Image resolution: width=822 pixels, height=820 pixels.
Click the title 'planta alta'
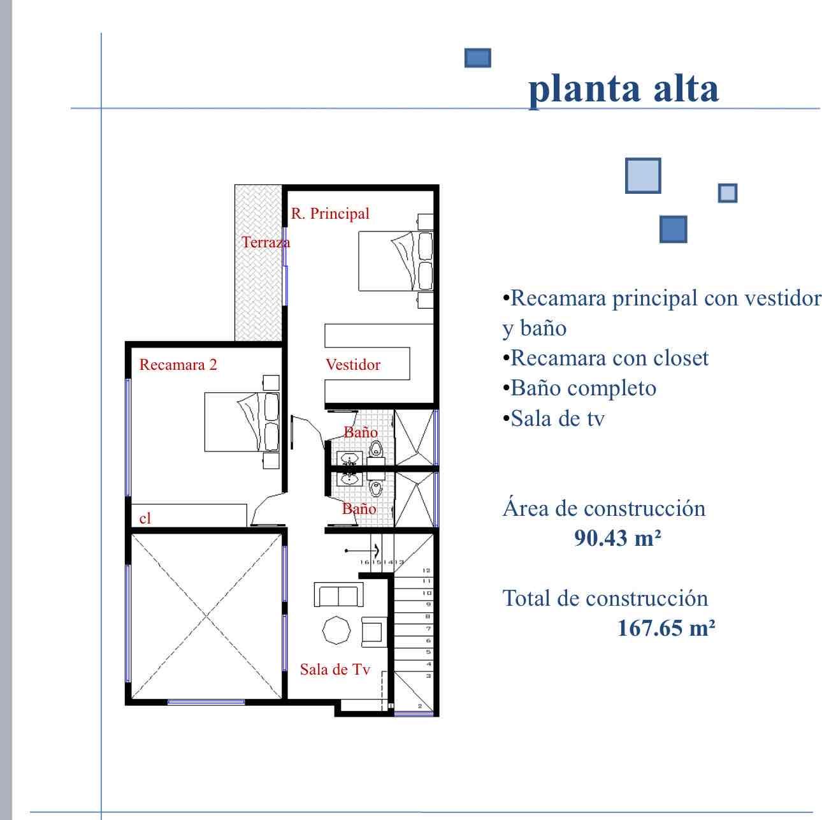[623, 89]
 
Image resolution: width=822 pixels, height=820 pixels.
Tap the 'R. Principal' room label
[330, 214]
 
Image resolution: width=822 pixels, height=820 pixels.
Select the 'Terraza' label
[266, 242]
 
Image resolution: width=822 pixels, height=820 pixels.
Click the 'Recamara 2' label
[178, 364]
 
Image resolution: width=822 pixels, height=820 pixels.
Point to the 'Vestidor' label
[353, 364]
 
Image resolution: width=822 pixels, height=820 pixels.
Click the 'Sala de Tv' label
[335, 669]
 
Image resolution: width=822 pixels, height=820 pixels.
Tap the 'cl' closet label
[145, 518]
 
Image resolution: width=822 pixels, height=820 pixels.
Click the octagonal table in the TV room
[336, 630]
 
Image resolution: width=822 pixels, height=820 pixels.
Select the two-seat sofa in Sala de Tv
[339, 594]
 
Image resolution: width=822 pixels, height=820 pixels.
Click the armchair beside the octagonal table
[374, 632]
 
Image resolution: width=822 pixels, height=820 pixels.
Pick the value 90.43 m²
[617, 538]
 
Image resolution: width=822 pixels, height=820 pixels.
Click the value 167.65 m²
[666, 628]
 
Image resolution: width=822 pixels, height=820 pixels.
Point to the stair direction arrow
[362, 551]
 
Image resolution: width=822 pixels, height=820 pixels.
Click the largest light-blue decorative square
[643, 175]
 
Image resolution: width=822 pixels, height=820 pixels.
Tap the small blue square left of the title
[478, 57]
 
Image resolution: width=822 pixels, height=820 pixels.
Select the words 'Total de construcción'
[605, 598]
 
